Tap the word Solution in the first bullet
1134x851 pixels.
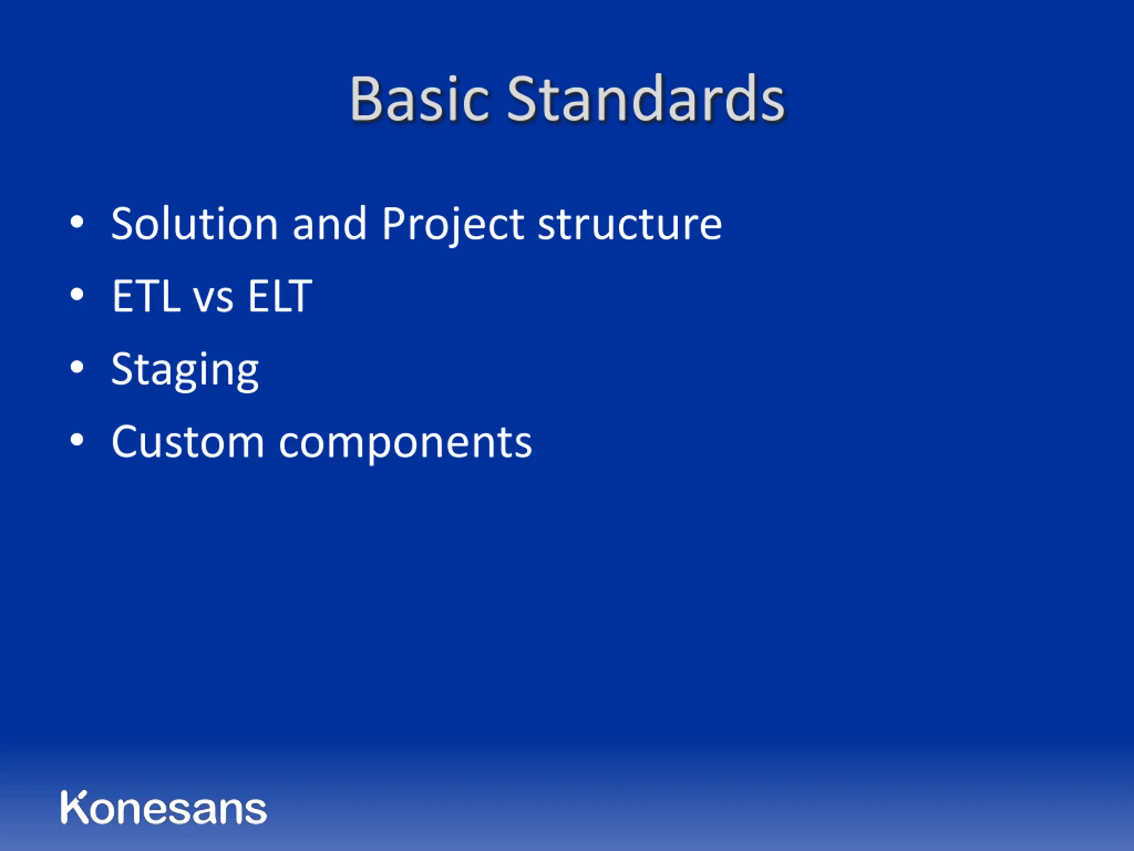coord(195,224)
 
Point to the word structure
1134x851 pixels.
coord(630,225)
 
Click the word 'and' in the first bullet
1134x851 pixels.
coord(330,224)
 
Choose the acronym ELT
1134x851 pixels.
coord(280,296)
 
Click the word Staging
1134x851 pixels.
coord(185,371)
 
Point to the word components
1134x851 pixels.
coord(405,444)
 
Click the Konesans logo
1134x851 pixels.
coord(163,808)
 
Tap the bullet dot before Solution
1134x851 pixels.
coord(77,222)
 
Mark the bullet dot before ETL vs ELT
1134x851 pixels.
coord(77,294)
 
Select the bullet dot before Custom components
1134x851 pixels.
coord(77,440)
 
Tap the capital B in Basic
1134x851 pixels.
coord(366,98)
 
